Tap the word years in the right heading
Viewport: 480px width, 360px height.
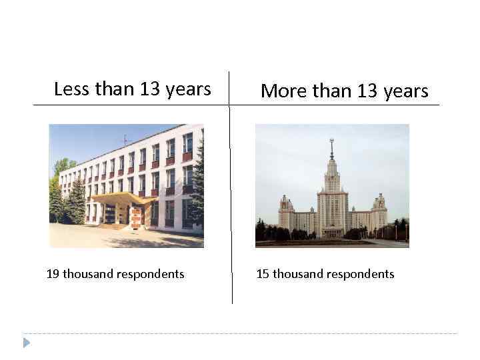tap(406, 91)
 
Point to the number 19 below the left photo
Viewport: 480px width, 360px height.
tap(53, 274)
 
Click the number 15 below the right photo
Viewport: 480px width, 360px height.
tap(263, 274)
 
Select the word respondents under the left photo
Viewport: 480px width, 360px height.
tap(150, 274)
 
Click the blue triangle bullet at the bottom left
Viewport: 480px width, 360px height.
tap(26, 343)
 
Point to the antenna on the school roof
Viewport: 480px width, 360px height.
tap(125, 139)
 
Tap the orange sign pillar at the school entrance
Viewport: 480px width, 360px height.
tap(136, 217)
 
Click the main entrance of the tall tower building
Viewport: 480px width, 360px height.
tap(331, 231)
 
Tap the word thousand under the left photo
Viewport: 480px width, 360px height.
tap(89, 274)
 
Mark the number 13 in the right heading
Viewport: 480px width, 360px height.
tap(367, 91)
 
